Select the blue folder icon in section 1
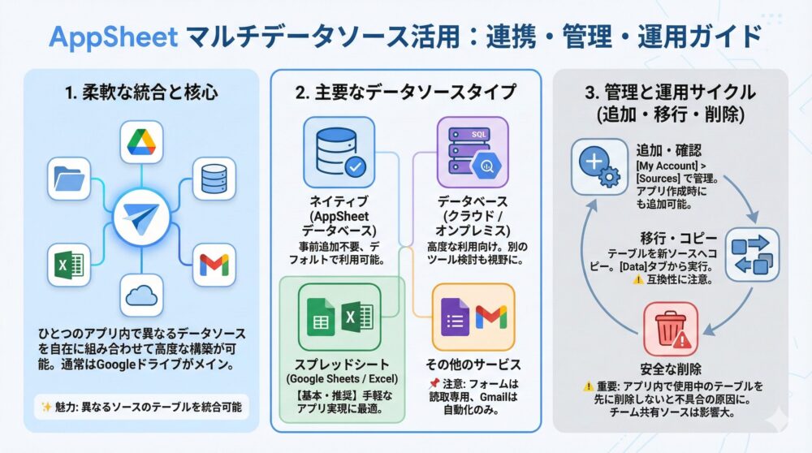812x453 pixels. [x=68, y=179]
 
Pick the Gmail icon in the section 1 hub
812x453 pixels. [x=214, y=265]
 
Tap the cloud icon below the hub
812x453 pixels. [x=142, y=297]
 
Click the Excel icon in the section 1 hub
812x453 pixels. [x=68, y=265]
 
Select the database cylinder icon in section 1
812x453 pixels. [x=214, y=179]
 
